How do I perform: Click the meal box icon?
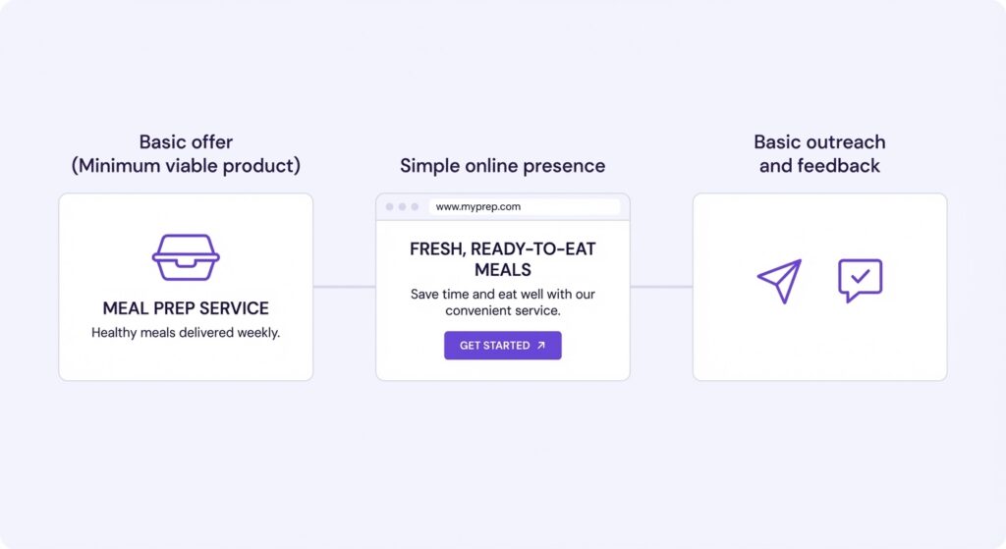tap(186, 257)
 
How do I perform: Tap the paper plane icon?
tap(780, 281)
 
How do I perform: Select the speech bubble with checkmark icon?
tap(860, 280)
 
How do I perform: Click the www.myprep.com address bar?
tap(523, 207)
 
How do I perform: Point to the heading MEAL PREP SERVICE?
tap(186, 308)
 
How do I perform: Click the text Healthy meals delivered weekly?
tap(186, 333)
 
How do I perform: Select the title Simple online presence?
tap(502, 166)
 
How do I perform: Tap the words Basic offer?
tap(186, 142)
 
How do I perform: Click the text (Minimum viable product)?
tap(186, 166)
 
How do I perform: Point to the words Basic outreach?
tap(819, 142)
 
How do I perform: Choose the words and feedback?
tap(819, 166)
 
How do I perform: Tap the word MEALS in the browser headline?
tap(502, 270)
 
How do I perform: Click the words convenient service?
tap(502, 311)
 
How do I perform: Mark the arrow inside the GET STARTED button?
tap(540, 346)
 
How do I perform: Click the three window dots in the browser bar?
tap(402, 207)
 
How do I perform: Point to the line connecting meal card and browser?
tap(344, 287)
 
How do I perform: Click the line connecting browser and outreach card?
tap(661, 287)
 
